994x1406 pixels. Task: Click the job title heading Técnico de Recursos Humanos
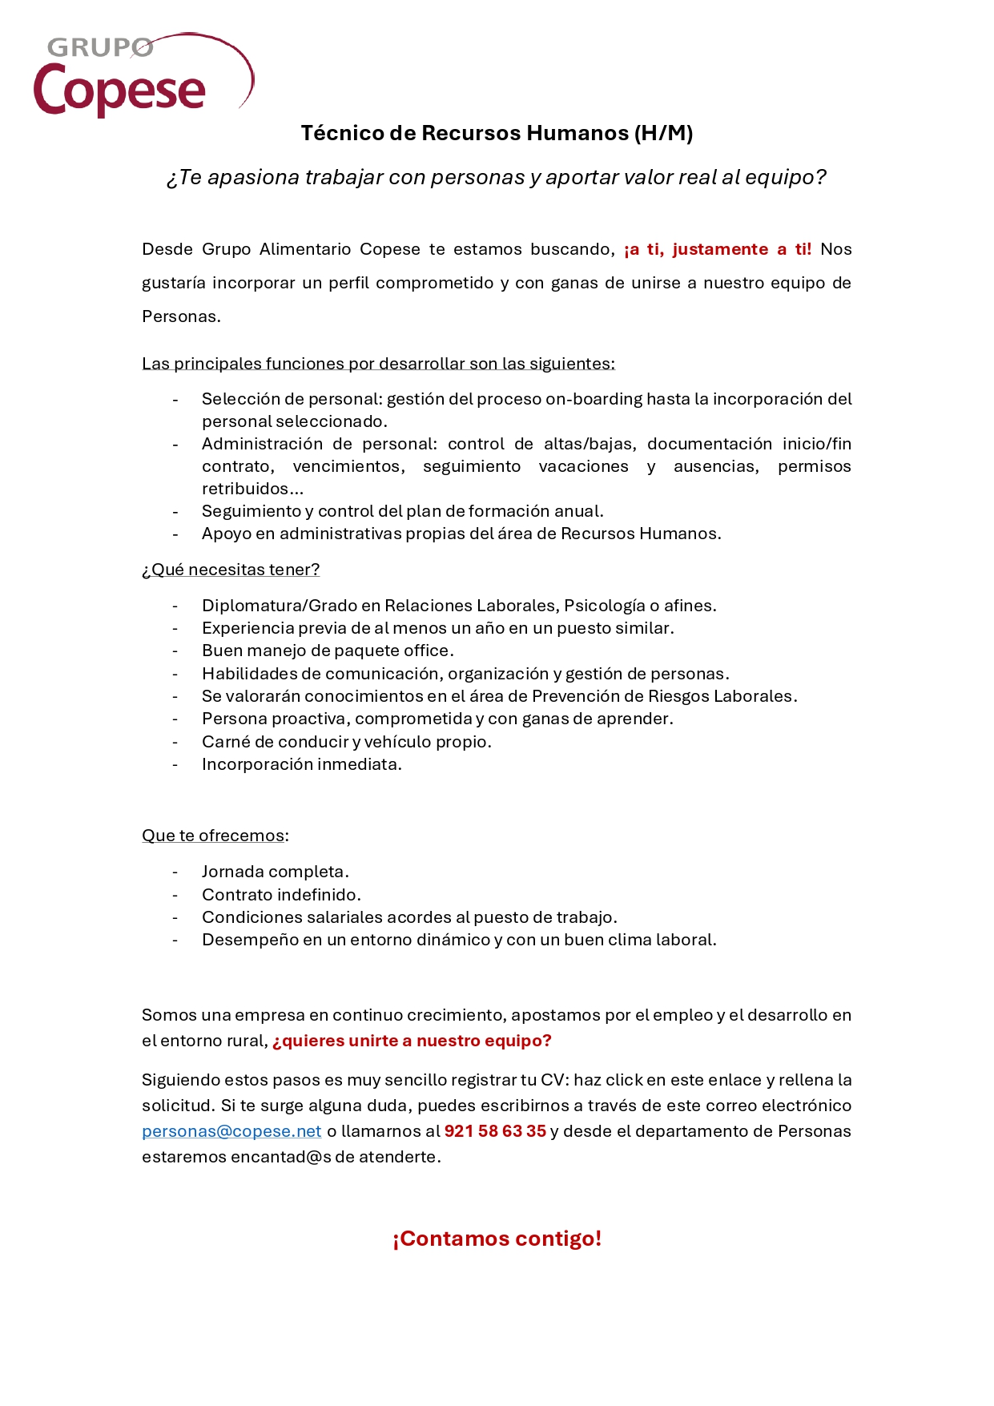497,133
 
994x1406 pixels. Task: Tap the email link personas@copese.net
231,1131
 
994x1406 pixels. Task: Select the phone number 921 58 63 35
495,1131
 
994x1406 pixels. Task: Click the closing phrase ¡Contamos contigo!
497,1239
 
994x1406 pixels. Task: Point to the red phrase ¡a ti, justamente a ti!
718,249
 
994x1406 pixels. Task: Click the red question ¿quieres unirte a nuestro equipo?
412,1041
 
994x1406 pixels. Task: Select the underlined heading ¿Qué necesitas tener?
231,570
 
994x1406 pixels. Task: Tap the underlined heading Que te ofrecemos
213,836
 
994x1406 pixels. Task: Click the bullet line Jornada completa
276,872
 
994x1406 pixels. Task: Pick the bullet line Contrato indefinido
281,895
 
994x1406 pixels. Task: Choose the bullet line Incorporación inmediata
302,764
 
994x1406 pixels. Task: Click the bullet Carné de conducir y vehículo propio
347,742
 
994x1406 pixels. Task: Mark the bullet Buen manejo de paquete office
328,651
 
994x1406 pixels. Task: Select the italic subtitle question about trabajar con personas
497,177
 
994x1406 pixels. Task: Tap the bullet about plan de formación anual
403,511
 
